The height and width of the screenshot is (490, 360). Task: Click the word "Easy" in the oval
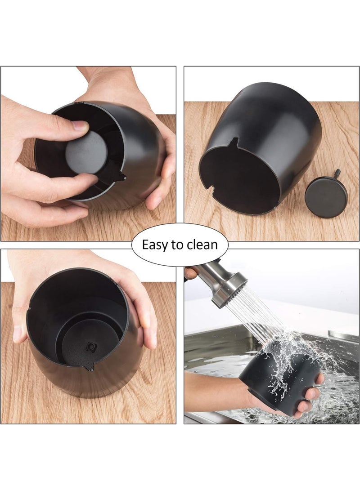pos(154,245)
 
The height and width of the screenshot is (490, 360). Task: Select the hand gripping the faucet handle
pos(190,273)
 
